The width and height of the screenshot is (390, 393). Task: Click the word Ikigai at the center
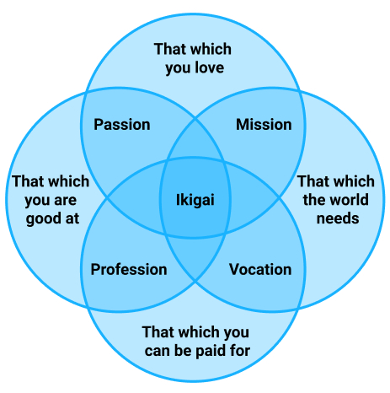tap(195, 200)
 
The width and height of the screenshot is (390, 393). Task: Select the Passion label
tap(122, 125)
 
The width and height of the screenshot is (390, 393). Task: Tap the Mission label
tap(264, 125)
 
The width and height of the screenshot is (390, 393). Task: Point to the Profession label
tap(129, 269)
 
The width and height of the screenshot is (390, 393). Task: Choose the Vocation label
tap(260, 269)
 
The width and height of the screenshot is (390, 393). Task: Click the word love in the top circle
tap(210, 67)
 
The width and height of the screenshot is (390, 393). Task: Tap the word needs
tap(338, 218)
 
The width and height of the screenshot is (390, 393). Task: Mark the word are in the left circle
tap(65, 201)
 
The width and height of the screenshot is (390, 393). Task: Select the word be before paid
tap(183, 351)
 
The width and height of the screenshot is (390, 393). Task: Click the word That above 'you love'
tap(168, 49)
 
